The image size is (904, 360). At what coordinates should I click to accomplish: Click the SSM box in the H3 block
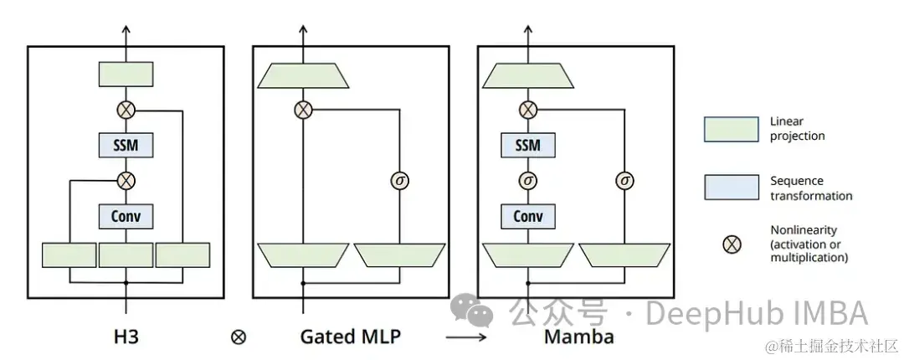click(x=126, y=145)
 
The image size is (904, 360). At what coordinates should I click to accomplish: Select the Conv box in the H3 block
click(x=126, y=216)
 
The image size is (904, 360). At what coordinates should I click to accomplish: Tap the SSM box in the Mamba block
click(x=527, y=145)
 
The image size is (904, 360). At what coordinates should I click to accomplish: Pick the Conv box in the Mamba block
click(x=527, y=216)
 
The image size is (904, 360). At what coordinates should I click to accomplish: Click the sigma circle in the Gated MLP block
click(x=399, y=179)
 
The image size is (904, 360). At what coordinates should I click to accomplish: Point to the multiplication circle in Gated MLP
click(x=303, y=110)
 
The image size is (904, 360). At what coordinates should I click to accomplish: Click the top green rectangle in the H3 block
click(x=126, y=74)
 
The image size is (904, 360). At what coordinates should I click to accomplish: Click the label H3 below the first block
click(x=126, y=337)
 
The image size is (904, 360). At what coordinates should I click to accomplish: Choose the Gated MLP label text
click(x=351, y=337)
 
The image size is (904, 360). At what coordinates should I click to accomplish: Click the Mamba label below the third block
click(x=578, y=337)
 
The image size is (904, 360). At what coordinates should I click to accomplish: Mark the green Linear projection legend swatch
click(x=730, y=129)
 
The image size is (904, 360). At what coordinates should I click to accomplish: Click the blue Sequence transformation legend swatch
click(x=730, y=188)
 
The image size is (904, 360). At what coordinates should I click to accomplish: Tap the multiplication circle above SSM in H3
click(x=126, y=110)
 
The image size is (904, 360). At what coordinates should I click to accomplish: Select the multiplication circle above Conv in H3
click(x=126, y=179)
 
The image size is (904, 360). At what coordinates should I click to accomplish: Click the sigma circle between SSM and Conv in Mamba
click(x=527, y=179)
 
